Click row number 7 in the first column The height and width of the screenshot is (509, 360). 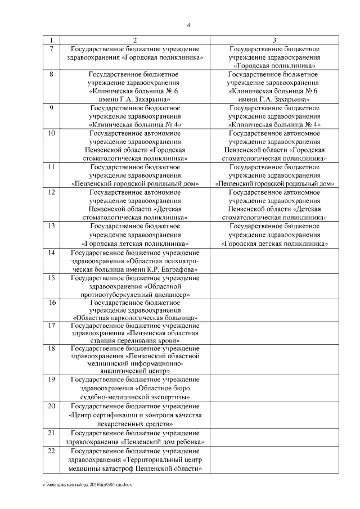[52, 49]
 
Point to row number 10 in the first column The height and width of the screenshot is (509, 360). [52, 133]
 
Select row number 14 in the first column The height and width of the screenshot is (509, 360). [52, 253]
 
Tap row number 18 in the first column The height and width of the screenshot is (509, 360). [52, 348]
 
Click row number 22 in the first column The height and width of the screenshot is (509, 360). [52, 452]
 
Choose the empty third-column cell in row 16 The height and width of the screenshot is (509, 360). [274, 309]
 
